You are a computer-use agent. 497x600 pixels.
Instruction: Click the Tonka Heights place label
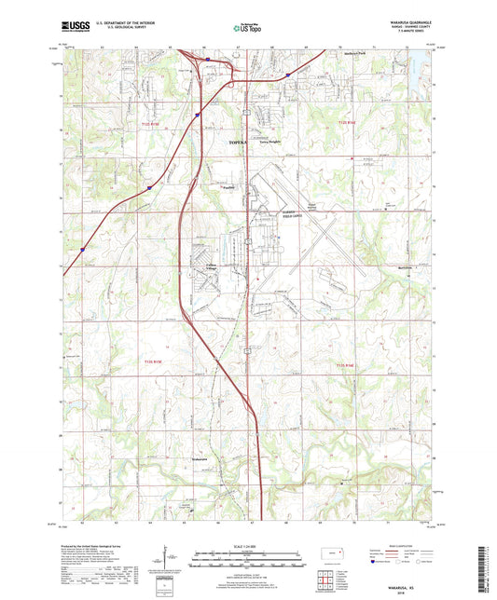(269, 143)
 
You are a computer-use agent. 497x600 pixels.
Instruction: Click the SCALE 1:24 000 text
(248, 547)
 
